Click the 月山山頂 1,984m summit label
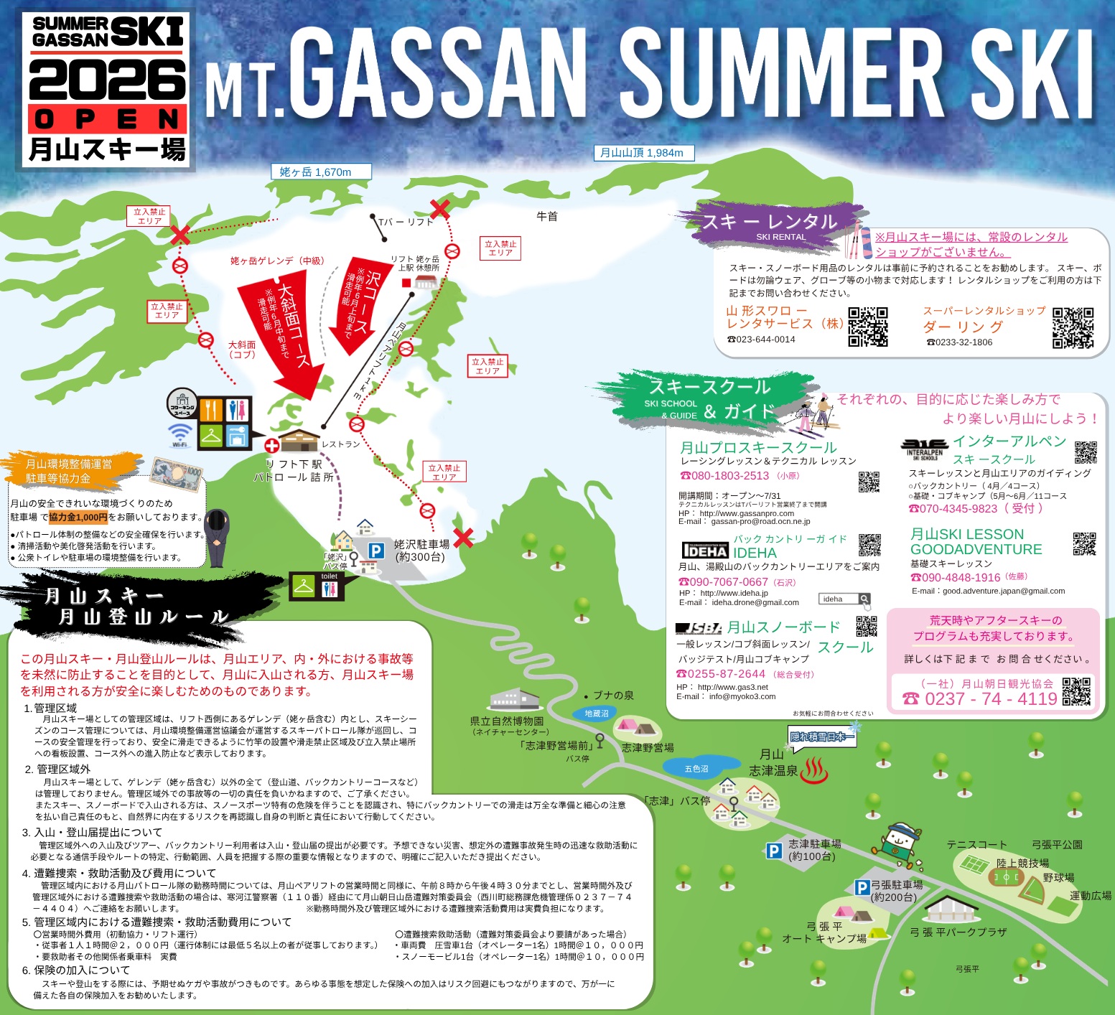[641, 152]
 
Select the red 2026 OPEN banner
[108, 119]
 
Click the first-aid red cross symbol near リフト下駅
[271, 446]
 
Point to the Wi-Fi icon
[179, 434]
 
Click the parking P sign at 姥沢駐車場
[376, 551]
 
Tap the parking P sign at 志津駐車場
[773, 851]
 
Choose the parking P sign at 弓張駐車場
[862, 888]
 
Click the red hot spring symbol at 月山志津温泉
[814, 770]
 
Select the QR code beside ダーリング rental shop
[1073, 327]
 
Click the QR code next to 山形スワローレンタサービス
[867, 327]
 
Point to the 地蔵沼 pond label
[596, 714]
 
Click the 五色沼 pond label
[696, 769]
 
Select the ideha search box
[844, 599]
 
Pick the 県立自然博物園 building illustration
[513, 698]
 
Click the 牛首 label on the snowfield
[547, 216]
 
